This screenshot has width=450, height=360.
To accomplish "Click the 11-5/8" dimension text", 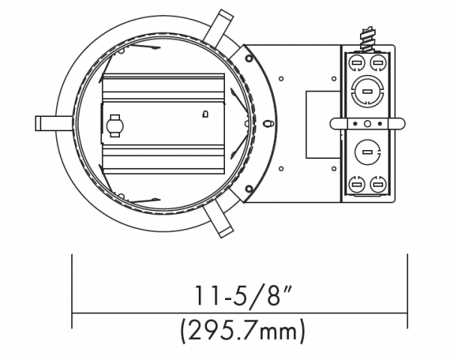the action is point(243,295).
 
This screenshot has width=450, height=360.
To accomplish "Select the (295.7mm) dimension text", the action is point(243,331).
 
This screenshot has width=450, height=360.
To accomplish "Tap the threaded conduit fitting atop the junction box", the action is point(367,40).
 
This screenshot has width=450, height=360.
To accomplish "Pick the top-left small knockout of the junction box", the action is point(356,62).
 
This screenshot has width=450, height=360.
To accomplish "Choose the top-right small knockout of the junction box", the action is point(378,62).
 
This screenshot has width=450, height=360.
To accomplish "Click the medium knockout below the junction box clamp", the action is point(367,152).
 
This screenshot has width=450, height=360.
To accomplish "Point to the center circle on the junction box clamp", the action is point(367,124).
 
